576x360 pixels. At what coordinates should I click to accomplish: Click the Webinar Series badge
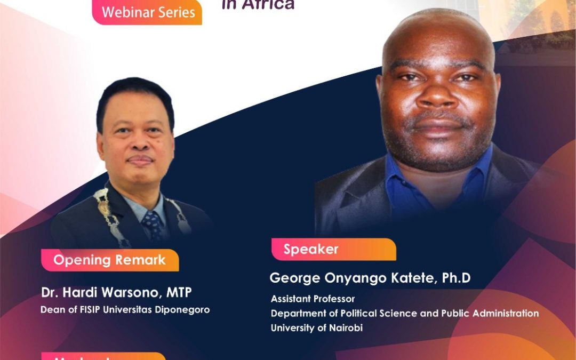coord(148,12)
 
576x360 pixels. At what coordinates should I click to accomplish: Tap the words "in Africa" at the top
coord(258,5)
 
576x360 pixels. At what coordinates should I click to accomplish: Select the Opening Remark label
coord(109,260)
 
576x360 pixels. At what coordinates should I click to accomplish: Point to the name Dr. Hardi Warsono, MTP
coord(116,293)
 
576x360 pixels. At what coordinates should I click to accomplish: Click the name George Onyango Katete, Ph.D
coord(370,278)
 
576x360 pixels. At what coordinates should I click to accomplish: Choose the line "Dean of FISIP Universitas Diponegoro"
coord(125,309)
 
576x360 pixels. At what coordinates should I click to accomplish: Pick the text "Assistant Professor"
coord(313,299)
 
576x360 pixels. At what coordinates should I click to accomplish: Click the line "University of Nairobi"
coord(316,328)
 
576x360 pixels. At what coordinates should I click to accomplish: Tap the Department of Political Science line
coord(404,313)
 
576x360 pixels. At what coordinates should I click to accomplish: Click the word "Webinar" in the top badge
coord(126,12)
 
